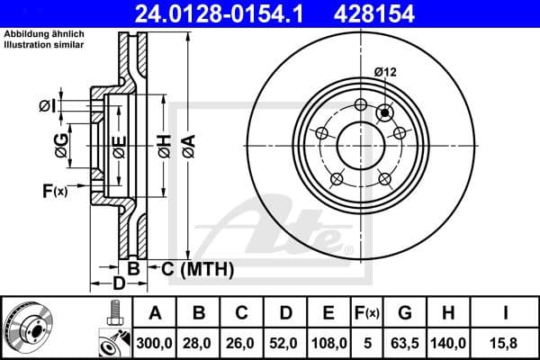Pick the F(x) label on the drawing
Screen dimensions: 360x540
[54, 190]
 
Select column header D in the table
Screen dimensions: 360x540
[285, 313]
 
